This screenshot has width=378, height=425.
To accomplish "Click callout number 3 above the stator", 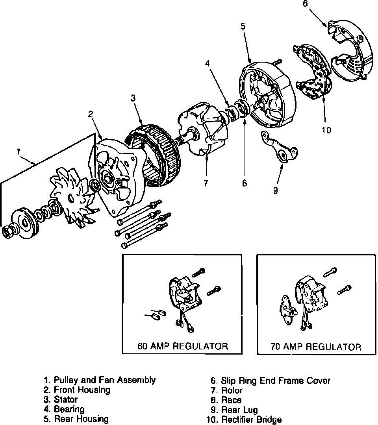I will (x=133, y=98).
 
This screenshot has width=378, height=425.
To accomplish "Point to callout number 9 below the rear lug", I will (x=275, y=191).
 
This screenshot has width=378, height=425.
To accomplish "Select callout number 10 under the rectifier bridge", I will (x=326, y=129).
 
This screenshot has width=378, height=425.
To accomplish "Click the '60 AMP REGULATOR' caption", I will (x=182, y=346).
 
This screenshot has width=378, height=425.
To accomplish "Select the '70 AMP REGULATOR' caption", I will (x=316, y=347).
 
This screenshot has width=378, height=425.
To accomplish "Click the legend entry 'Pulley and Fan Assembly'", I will (x=104, y=380).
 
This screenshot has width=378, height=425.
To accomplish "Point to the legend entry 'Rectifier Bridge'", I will (x=252, y=420).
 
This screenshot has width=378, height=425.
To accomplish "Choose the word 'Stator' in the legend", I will (x=66, y=400).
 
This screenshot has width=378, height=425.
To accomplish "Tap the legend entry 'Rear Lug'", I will (x=239, y=410).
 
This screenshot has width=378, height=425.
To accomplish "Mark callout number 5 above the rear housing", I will (x=243, y=26).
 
